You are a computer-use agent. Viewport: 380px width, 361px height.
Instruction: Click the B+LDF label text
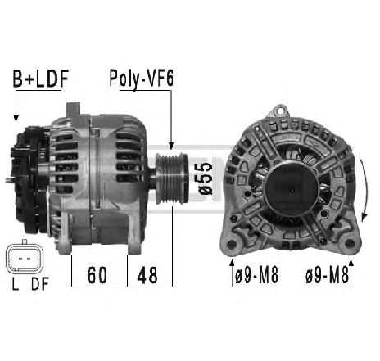(41, 79)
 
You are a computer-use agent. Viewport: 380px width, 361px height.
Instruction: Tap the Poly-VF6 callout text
(142, 79)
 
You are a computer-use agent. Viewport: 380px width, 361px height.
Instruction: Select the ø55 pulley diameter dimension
(205, 178)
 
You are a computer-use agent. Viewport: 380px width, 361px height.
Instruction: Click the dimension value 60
(97, 275)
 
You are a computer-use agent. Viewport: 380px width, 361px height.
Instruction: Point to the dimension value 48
(147, 275)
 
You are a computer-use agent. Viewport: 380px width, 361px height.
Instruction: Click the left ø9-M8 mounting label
(256, 275)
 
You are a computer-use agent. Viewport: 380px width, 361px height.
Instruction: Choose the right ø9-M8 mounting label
(328, 275)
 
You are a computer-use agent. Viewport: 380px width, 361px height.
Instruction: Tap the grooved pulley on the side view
(172, 178)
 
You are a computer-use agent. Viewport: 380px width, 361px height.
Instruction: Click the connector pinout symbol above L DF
(25, 257)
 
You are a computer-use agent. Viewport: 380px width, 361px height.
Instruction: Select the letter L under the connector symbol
(16, 284)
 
